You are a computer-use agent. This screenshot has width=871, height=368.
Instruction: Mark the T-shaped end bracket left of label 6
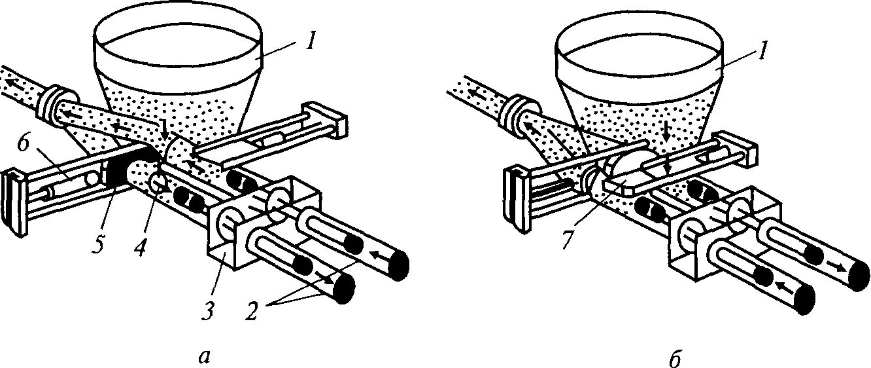coord(18,200)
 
